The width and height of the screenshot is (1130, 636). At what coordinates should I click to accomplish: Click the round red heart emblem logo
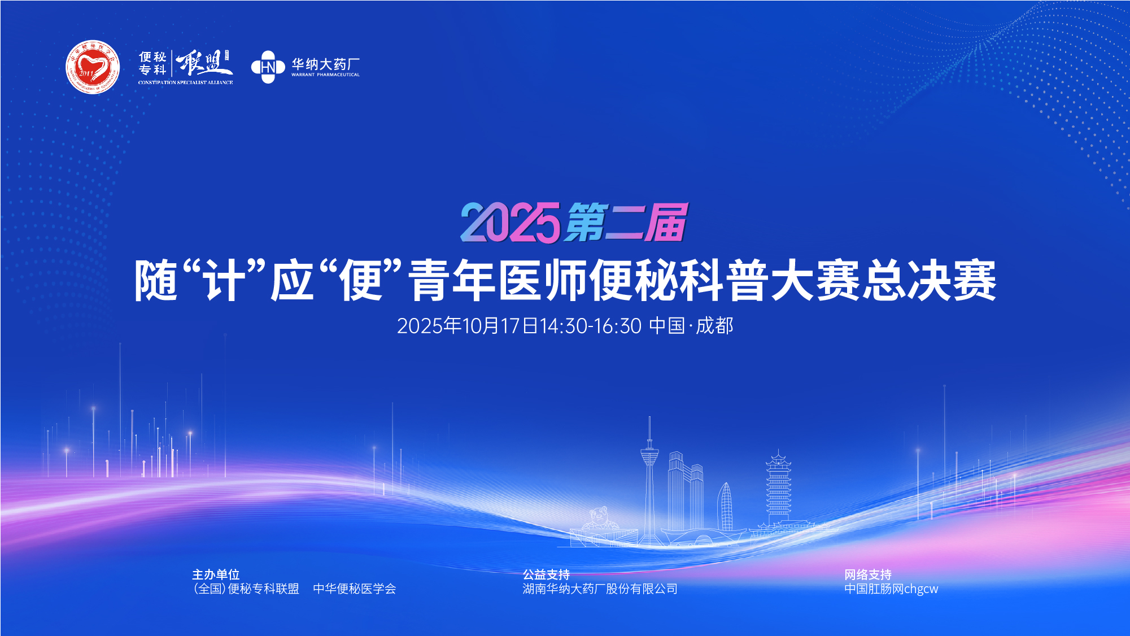93,67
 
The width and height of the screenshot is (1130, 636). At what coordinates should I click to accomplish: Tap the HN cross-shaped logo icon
268,67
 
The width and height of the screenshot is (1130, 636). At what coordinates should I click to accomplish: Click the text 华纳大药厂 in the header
325,64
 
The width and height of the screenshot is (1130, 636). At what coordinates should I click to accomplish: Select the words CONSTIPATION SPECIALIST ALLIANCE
185,82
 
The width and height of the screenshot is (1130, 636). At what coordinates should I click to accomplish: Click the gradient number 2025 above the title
510,223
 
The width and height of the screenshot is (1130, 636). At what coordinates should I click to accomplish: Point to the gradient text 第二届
626,222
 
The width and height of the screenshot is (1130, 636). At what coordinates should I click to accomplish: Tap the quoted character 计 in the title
225,280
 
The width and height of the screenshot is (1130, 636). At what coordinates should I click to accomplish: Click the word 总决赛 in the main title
929,280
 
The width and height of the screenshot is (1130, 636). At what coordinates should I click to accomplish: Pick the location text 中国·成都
691,326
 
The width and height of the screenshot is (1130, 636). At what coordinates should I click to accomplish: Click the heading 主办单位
216,574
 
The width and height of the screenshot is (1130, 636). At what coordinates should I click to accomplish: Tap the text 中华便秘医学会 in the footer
355,589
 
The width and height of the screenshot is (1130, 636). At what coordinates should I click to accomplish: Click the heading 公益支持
546,574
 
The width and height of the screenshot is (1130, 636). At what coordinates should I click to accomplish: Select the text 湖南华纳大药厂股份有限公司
600,589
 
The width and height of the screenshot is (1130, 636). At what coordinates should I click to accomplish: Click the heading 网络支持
868,574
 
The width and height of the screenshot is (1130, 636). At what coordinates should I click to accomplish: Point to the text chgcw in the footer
921,589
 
